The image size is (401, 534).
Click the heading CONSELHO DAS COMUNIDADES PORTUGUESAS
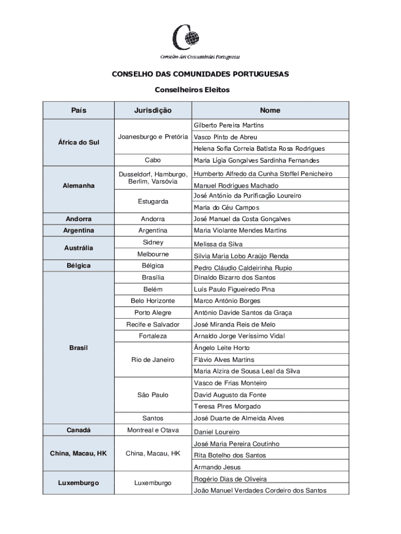coord(200,74)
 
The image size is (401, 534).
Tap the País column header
coord(79,110)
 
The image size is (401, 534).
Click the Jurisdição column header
coord(153,110)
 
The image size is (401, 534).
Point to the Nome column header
coord(270,110)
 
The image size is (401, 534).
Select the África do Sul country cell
coord(79,142)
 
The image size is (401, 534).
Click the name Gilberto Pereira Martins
coord(229,125)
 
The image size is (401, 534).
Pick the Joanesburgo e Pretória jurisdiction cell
coord(153,137)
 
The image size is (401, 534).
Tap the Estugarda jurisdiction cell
coord(153,201)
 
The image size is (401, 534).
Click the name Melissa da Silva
coord(218,244)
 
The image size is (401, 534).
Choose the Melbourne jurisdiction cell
coord(153,254)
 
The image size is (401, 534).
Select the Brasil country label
coord(79,347)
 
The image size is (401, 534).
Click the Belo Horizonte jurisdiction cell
coord(153,301)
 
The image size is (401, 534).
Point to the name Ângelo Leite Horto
coord(221,348)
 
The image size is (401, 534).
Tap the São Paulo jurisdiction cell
coord(153,395)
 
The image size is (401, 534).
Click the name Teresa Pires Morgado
coord(227,406)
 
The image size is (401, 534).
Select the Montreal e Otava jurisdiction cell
coord(153,430)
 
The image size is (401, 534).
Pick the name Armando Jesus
coord(217,467)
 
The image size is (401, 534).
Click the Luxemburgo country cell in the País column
coord(79,483)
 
